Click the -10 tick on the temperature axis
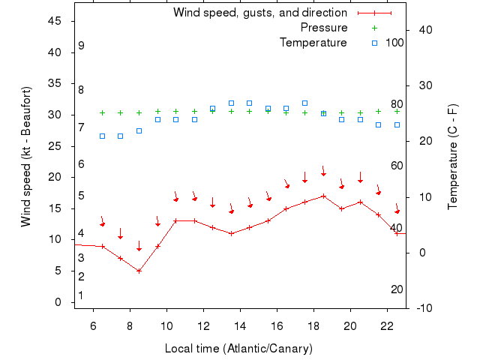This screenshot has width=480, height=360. point(422,307)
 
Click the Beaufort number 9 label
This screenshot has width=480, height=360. point(81,46)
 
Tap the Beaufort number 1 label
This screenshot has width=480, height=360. point(81,295)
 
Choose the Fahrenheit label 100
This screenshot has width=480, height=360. point(395,42)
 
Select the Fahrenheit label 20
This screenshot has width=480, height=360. point(397,289)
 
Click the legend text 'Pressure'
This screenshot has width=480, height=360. point(323,28)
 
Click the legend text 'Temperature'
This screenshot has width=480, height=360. point(313,42)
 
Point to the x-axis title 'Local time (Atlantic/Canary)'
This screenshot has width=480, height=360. point(238,349)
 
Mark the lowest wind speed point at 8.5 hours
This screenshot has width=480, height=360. point(139,271)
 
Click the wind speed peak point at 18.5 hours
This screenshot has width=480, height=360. point(323,196)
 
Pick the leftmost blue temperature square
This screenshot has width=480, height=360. point(102,136)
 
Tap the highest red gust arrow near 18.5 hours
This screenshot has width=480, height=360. point(323,172)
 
